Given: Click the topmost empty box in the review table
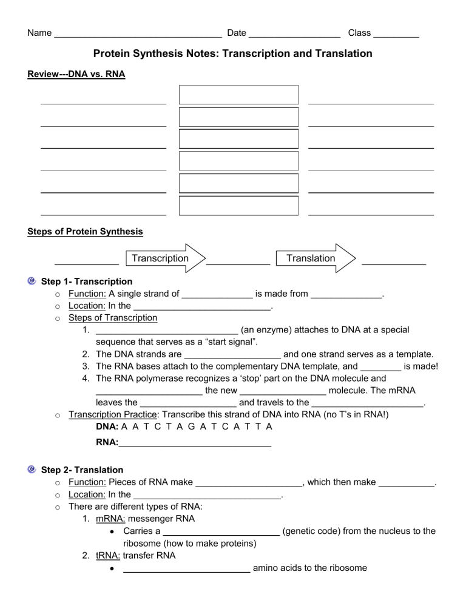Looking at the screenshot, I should (238, 95).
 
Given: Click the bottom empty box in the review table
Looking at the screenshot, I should (238, 206).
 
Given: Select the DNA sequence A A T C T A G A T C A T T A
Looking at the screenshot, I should (192, 427).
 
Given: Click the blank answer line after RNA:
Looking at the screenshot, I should (194, 444).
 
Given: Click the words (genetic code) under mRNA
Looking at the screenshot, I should (314, 531).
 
